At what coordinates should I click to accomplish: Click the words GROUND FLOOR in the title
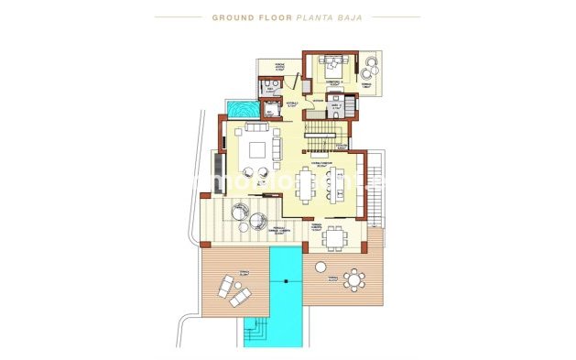tap(245, 16)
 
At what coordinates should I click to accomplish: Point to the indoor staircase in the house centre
tap(322, 132)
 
